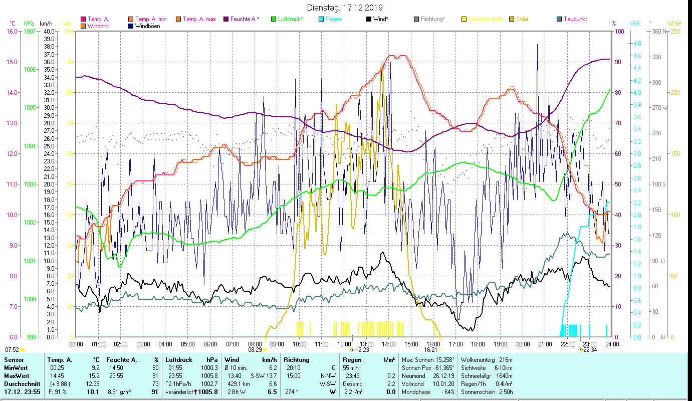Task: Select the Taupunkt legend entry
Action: (x=575, y=19)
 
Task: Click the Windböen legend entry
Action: (x=148, y=26)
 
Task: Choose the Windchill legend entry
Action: (x=100, y=26)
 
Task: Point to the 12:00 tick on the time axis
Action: (x=344, y=344)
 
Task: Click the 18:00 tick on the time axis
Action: (x=478, y=344)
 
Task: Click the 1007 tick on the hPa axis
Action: (x=29, y=31)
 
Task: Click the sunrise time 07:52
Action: (x=12, y=349)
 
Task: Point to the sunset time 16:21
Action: (x=430, y=349)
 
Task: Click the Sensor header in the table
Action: (x=14, y=360)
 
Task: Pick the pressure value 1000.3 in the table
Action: (x=209, y=368)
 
